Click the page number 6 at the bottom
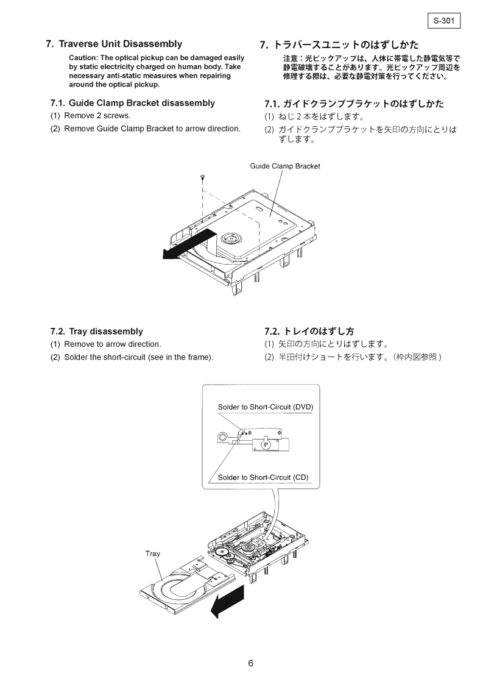(250, 664)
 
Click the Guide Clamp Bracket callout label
(284, 166)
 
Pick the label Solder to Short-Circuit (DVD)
(265, 407)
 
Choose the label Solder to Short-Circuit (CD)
(263, 477)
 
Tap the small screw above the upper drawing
(202, 177)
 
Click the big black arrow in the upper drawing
(189, 244)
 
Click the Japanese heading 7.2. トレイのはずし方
(309, 332)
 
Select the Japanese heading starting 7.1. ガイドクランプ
(354, 104)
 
